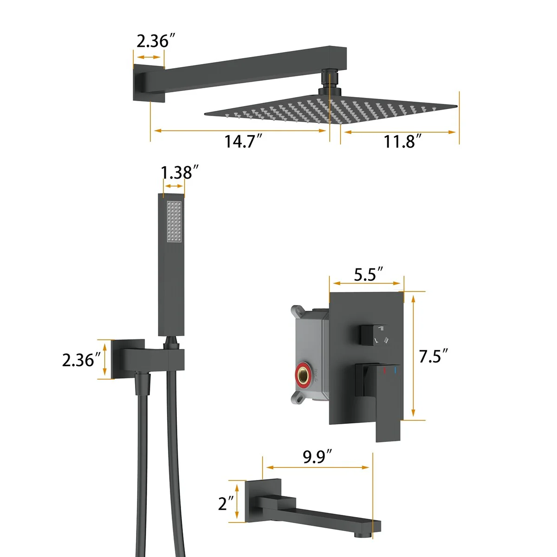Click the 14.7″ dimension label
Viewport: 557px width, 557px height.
(243, 142)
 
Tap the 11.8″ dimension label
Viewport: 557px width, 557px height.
(402, 142)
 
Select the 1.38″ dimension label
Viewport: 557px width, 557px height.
(180, 173)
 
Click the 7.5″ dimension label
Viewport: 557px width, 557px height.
(433, 356)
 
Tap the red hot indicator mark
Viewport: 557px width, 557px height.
(384, 370)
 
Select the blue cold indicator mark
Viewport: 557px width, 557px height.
(395, 370)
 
